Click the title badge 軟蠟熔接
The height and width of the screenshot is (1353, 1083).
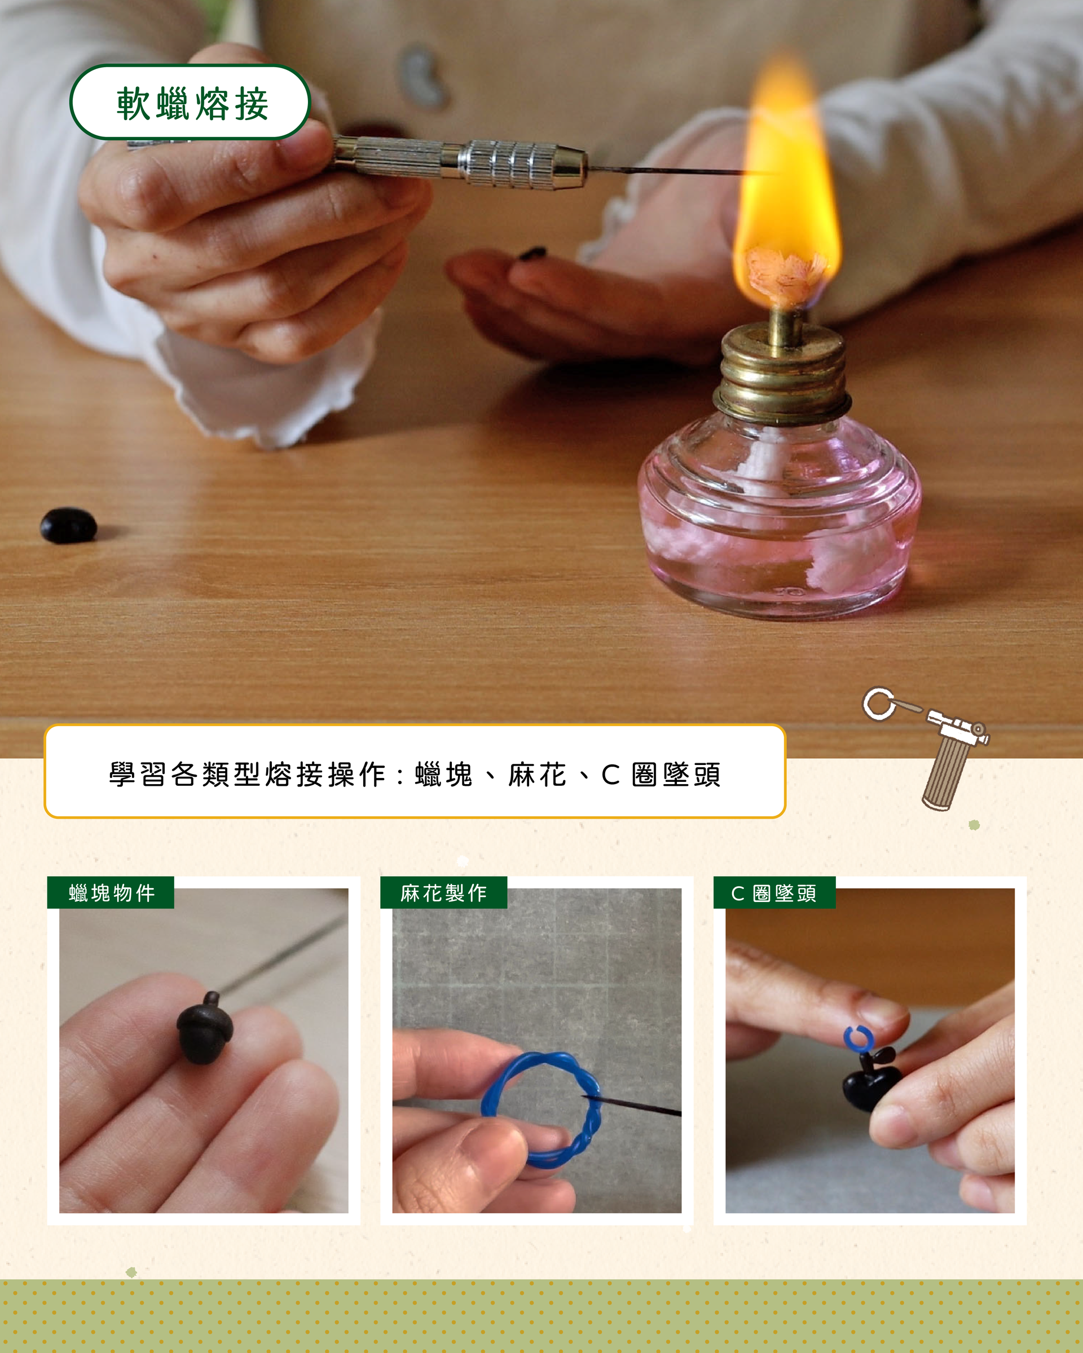(190, 101)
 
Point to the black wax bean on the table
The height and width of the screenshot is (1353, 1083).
(68, 525)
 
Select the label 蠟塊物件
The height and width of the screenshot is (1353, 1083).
(111, 892)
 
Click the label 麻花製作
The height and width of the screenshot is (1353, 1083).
(443, 892)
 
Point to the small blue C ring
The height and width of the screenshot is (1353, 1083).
(857, 1038)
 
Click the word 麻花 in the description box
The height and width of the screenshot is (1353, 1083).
(538, 775)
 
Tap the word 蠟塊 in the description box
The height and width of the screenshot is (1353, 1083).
(444, 775)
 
